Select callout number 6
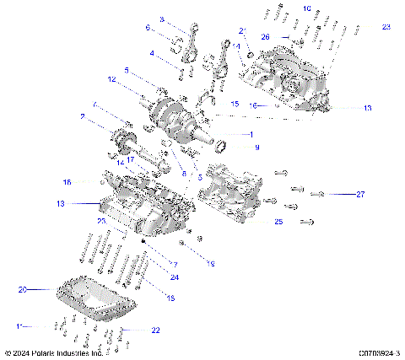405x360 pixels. tap(148, 28)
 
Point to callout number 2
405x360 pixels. tap(82, 116)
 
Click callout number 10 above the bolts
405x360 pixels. tap(306, 8)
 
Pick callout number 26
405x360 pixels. tap(265, 37)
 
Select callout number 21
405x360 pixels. tap(242, 30)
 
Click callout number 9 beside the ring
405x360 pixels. tap(257, 148)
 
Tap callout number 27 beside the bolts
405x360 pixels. tap(359, 194)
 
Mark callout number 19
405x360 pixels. tap(211, 264)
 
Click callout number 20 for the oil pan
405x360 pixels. tap(23, 289)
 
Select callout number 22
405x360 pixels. tap(155, 330)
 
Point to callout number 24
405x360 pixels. tap(175, 277)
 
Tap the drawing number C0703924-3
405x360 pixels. tap(379, 353)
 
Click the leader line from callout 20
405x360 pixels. tap(42, 290)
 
